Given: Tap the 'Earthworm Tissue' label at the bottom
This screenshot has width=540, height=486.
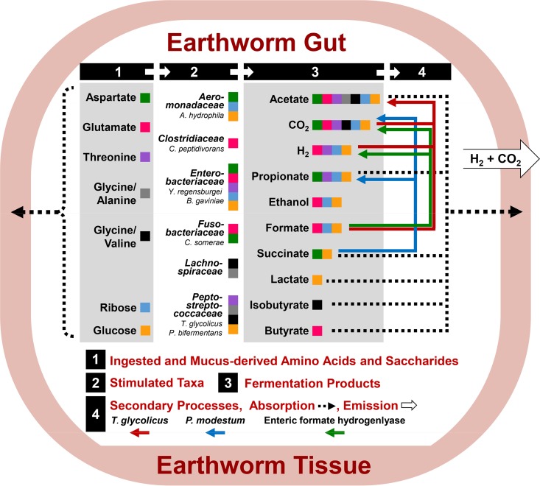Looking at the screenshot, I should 270,465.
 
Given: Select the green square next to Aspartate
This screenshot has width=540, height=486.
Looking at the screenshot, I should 145,97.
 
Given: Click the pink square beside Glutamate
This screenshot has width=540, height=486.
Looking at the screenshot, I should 145,127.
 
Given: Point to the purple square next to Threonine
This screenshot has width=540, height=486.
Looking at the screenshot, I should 145,157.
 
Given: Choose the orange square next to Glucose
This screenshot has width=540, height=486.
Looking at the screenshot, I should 145,330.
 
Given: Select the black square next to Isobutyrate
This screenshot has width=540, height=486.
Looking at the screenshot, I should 317,304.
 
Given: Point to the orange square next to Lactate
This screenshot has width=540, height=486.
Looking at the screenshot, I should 317,280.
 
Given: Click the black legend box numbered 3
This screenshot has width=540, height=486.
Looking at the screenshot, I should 228,384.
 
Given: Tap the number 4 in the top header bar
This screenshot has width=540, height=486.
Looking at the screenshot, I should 421,72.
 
